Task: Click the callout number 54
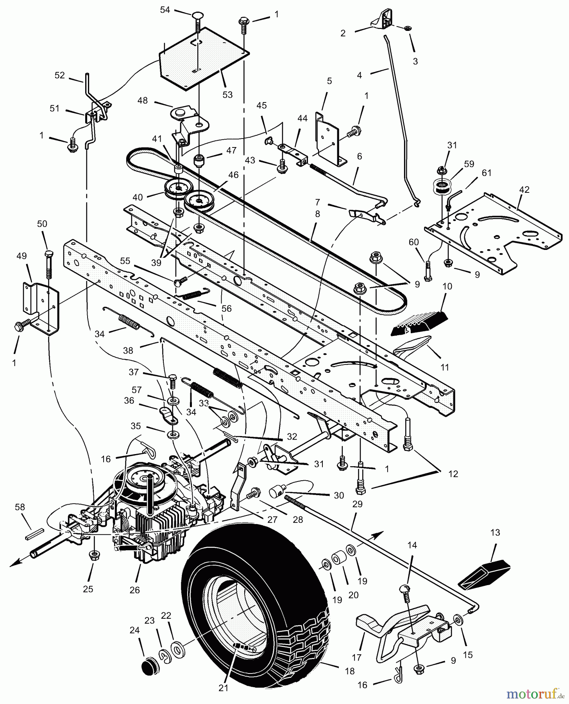(165, 10)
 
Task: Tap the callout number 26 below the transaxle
(134, 590)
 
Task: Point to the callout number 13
(495, 533)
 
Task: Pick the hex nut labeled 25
(94, 554)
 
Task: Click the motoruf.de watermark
(535, 694)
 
